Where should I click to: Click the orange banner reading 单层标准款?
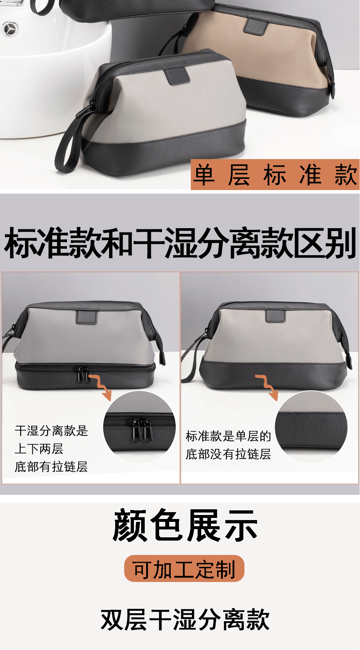275,175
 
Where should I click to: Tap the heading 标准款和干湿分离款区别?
180,243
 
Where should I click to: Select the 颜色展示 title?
185,525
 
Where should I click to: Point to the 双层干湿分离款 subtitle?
185,619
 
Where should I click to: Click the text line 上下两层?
39,449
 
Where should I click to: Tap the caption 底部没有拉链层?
228,454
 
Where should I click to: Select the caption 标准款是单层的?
228,436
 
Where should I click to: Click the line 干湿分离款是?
51,431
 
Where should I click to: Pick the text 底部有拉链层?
51,467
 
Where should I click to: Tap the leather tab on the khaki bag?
256,26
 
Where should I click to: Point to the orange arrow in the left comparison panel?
101,387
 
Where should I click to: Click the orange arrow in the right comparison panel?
267,387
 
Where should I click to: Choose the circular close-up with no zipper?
311,427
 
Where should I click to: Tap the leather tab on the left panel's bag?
87,317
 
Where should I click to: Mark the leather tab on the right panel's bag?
275,316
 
